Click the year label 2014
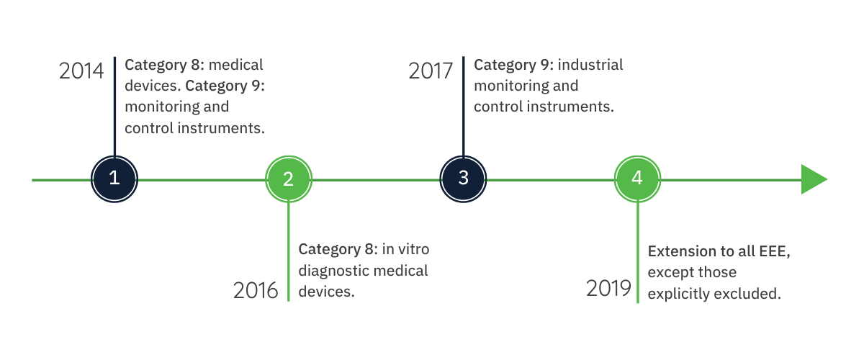(81, 71)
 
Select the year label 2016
(256, 291)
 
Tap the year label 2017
(431, 71)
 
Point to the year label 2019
(608, 288)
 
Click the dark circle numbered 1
(114, 179)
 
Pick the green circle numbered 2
(289, 179)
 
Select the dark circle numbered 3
(463, 179)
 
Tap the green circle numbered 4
(638, 179)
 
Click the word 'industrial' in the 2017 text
(590, 65)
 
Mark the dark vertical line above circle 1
(114, 107)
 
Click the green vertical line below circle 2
(289, 251)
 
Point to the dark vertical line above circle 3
(463, 107)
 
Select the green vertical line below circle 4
(638, 252)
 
